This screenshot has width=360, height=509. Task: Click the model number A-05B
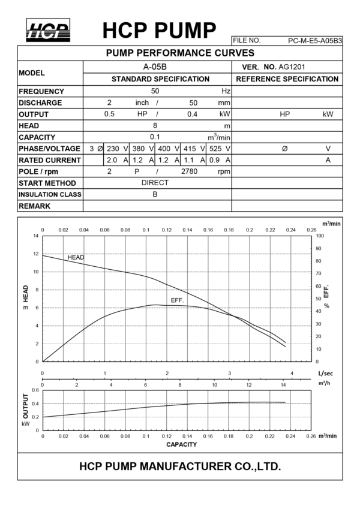(x=155, y=67)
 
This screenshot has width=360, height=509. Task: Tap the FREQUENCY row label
(x=41, y=91)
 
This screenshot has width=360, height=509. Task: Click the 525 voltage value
(x=216, y=149)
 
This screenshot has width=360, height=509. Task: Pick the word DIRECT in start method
(x=155, y=183)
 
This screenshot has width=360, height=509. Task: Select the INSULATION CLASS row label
(x=50, y=195)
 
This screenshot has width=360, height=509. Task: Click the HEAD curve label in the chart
(x=76, y=257)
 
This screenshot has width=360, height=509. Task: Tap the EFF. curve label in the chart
(x=177, y=299)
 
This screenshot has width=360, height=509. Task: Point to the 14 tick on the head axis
(x=35, y=236)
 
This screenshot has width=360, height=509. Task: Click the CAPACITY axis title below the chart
(x=181, y=445)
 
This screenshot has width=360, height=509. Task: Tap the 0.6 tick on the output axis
(x=35, y=390)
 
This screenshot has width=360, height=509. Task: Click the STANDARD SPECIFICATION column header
(x=160, y=79)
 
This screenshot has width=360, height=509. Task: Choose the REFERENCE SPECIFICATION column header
(x=287, y=79)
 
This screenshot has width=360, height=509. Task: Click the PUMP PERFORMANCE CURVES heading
(x=180, y=53)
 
